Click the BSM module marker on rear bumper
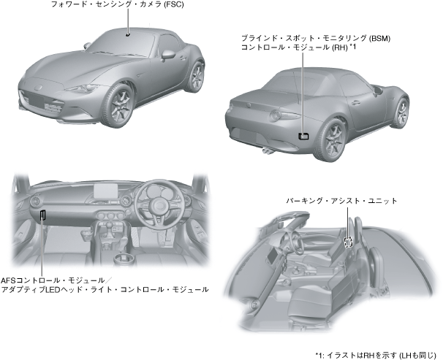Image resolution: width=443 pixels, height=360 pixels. pyautogui.click(x=303, y=135)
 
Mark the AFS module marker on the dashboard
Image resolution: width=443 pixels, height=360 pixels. pyautogui.click(x=43, y=215)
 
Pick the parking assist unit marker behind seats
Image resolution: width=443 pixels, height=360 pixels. pyautogui.click(x=349, y=241)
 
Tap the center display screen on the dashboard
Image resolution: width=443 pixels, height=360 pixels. pyautogui.click(x=105, y=192)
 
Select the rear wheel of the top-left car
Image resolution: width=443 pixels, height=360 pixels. pyautogui.click(x=193, y=75)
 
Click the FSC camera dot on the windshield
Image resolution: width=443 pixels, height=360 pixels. pyautogui.click(x=127, y=33)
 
